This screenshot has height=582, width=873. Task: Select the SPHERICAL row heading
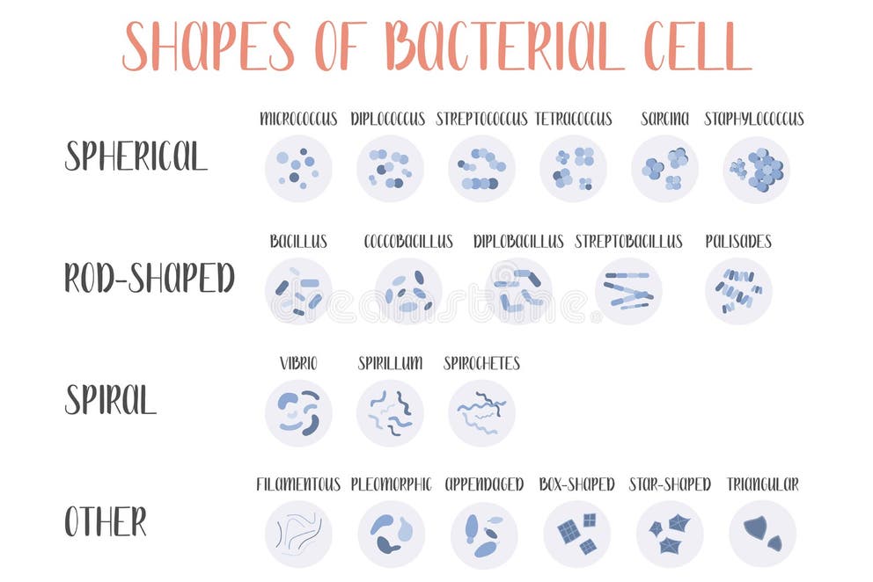click(x=136, y=156)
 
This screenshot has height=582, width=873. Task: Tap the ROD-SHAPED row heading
click(x=149, y=278)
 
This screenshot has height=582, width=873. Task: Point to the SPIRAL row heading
click(x=110, y=400)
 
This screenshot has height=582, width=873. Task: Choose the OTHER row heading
click(x=106, y=521)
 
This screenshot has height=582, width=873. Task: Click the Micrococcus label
click(x=298, y=119)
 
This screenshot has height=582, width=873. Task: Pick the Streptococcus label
click(x=481, y=119)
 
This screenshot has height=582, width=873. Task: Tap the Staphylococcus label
click(x=754, y=119)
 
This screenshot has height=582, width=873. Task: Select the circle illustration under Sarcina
click(x=664, y=169)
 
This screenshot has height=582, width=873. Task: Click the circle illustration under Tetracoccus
click(x=573, y=169)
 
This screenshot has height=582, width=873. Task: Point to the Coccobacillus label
click(x=408, y=241)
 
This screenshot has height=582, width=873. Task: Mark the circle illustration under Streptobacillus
click(x=628, y=291)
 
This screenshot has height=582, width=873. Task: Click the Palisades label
click(x=738, y=241)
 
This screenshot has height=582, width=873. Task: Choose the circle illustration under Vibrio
click(x=298, y=412)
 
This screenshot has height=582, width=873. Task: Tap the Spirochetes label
click(x=481, y=363)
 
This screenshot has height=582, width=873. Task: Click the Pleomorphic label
click(x=391, y=484)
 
